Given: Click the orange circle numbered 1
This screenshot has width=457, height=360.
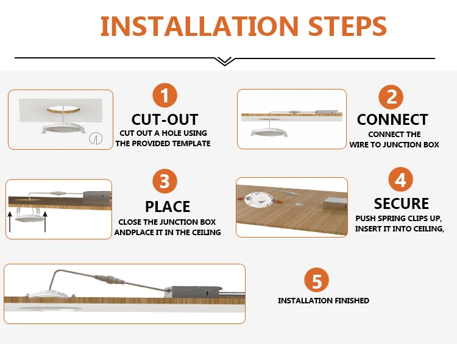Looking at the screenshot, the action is pos(165,95).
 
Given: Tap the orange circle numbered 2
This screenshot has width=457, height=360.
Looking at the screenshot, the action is pos(391,97).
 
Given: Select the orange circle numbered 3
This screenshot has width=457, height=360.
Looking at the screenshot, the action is pos(165,181).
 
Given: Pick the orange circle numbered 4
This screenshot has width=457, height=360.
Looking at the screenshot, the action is pos(400,180).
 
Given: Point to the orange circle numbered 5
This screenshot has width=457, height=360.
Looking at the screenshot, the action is pos(316,280).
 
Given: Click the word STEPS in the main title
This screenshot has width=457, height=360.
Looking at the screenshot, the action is pos(347,26).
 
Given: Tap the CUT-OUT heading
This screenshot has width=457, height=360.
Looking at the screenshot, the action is pos(165,119).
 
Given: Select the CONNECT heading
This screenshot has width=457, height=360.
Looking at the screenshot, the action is pos(392,119).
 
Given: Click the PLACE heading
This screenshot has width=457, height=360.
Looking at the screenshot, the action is pos(168,206).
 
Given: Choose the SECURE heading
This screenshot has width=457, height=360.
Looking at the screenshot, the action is pos(402,203).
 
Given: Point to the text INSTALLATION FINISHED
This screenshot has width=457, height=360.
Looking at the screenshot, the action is pos(324,300).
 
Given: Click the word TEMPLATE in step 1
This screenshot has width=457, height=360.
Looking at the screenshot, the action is pos(191,144).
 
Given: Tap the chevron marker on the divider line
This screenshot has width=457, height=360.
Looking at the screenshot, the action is pos(225,61).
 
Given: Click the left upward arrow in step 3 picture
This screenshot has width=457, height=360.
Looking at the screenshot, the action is pos(10,222).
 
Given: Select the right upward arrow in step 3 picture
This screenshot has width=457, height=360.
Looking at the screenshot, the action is pos(45,222).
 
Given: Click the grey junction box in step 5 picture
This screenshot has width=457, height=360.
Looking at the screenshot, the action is pos(192,292).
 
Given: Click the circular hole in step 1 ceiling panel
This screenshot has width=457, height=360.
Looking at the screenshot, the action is pos(63,110).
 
